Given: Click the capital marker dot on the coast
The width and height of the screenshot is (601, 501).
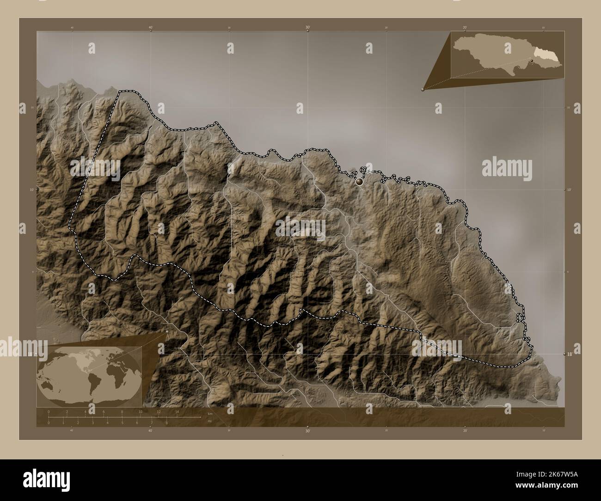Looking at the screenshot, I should point(359,183).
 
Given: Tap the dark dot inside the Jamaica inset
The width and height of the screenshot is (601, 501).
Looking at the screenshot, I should point(532,61).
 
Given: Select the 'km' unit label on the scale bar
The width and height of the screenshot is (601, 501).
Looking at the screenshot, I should point(210,413).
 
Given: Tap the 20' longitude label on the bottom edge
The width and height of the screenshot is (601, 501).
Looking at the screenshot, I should point(465,431).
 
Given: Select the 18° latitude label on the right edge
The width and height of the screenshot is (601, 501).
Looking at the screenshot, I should point(570,354).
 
